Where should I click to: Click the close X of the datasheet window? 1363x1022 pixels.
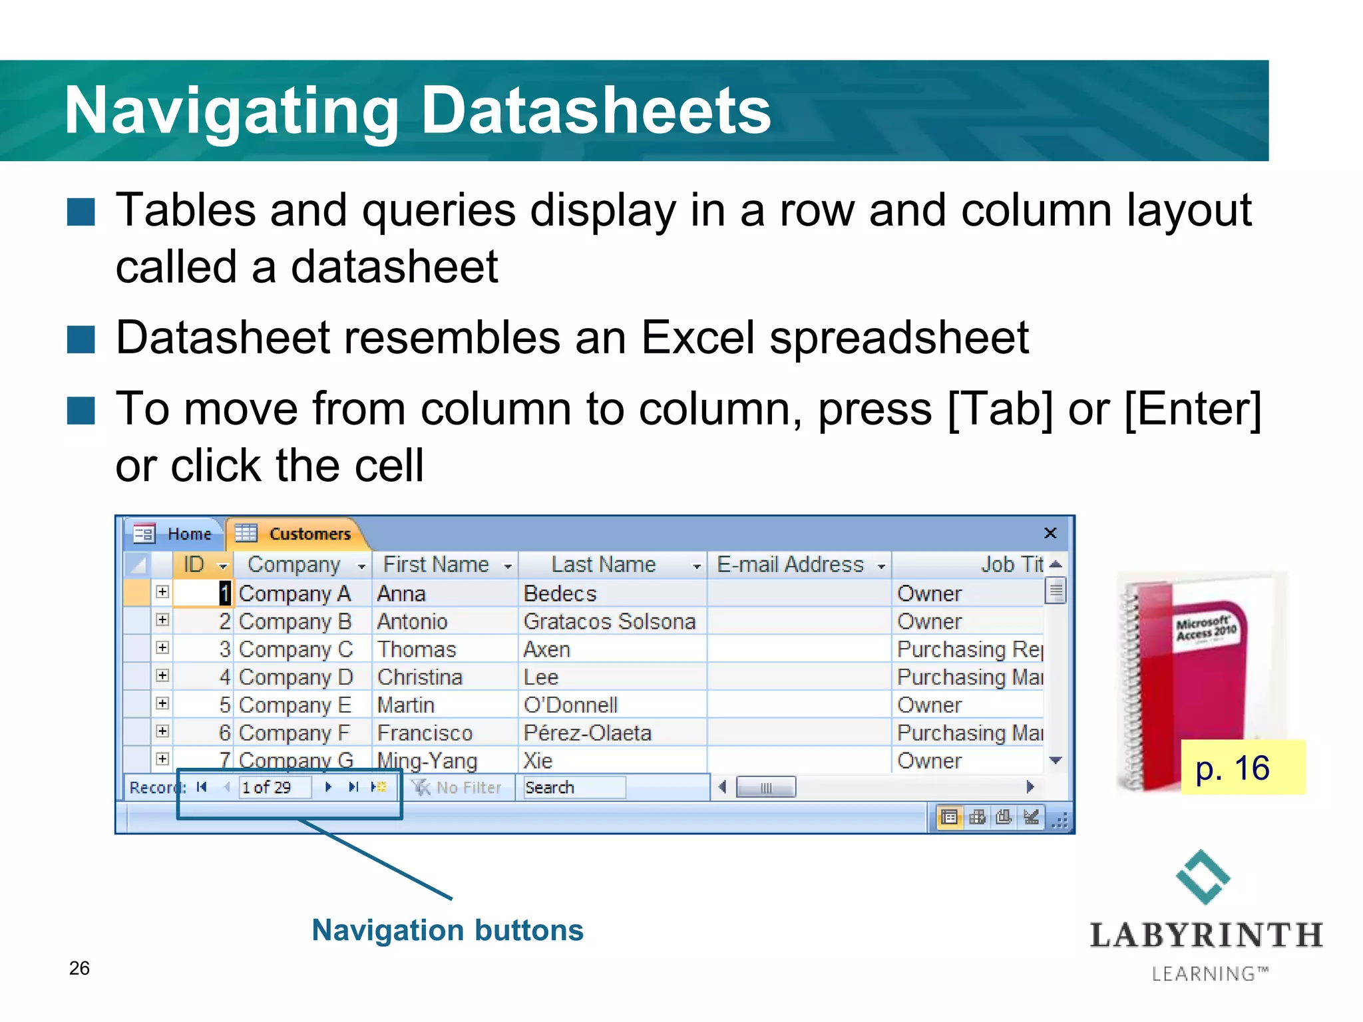click(1050, 533)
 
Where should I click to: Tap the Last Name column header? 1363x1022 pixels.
click(604, 565)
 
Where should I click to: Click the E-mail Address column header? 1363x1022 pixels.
click(790, 565)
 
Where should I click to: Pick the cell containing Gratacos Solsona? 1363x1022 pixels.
click(609, 621)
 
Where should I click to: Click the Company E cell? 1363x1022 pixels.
click(294, 705)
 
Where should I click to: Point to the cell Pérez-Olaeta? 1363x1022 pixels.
click(587, 733)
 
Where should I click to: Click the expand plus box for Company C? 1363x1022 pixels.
click(162, 648)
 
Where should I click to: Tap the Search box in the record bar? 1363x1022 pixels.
click(572, 788)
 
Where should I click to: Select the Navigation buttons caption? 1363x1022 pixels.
click(447, 930)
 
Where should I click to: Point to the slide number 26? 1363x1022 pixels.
click(79, 968)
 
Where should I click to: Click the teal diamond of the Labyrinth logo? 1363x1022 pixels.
click(1203, 877)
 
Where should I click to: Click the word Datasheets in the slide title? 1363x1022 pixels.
click(596, 110)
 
